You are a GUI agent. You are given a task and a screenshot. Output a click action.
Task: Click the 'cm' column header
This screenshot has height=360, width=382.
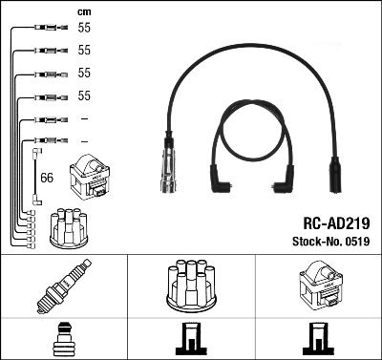83,11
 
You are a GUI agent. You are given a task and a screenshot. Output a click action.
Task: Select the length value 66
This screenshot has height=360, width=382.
47,177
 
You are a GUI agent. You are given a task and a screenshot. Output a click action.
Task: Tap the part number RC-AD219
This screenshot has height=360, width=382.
337,222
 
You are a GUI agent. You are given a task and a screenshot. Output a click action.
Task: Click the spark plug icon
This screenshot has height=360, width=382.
63,288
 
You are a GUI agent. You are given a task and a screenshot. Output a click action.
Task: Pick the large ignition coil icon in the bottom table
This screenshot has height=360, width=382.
317,287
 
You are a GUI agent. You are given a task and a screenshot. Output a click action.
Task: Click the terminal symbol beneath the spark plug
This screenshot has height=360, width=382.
63,338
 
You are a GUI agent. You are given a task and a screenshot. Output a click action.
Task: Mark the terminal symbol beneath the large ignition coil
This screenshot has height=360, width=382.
317,338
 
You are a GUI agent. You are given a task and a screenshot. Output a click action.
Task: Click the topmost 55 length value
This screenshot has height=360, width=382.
84,30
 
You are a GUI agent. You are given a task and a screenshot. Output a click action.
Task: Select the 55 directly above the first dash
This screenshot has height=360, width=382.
84,96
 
